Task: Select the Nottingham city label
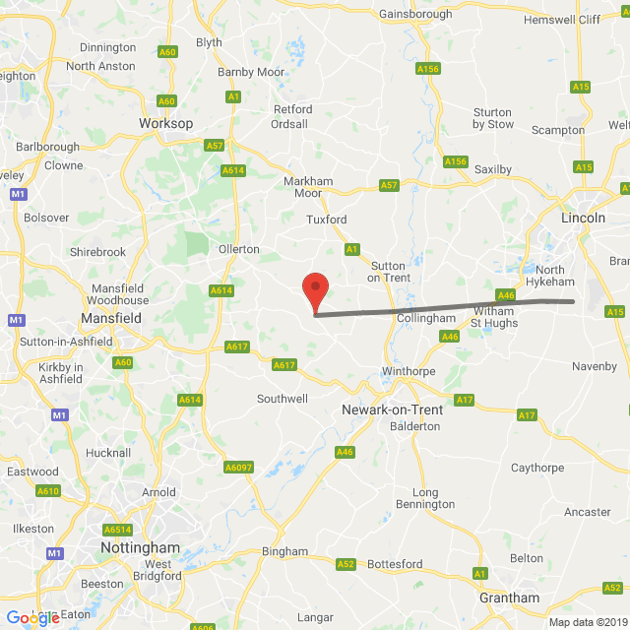coord(141,547)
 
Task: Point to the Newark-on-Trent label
coord(391,409)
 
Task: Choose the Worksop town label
coord(165,123)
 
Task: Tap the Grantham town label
coord(509,598)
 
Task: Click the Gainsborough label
coord(415,14)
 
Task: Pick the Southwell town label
coord(283,399)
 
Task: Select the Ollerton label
coord(239,249)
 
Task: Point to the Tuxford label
coord(326,220)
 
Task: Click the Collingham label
coord(425,318)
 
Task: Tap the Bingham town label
coord(284,551)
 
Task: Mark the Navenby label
coord(595,366)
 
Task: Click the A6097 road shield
coord(238,468)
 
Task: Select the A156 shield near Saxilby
coord(455,161)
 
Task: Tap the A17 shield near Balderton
coord(465,399)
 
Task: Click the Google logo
coord(32,618)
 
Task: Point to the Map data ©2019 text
coord(588,621)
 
